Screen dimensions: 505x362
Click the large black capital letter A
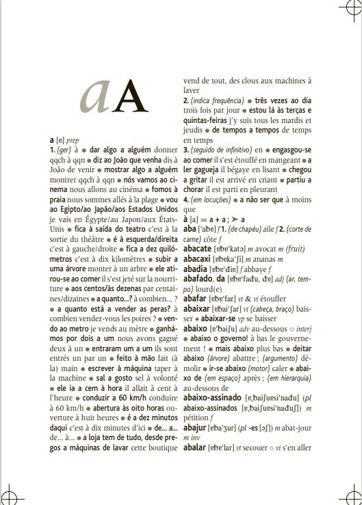131,96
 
